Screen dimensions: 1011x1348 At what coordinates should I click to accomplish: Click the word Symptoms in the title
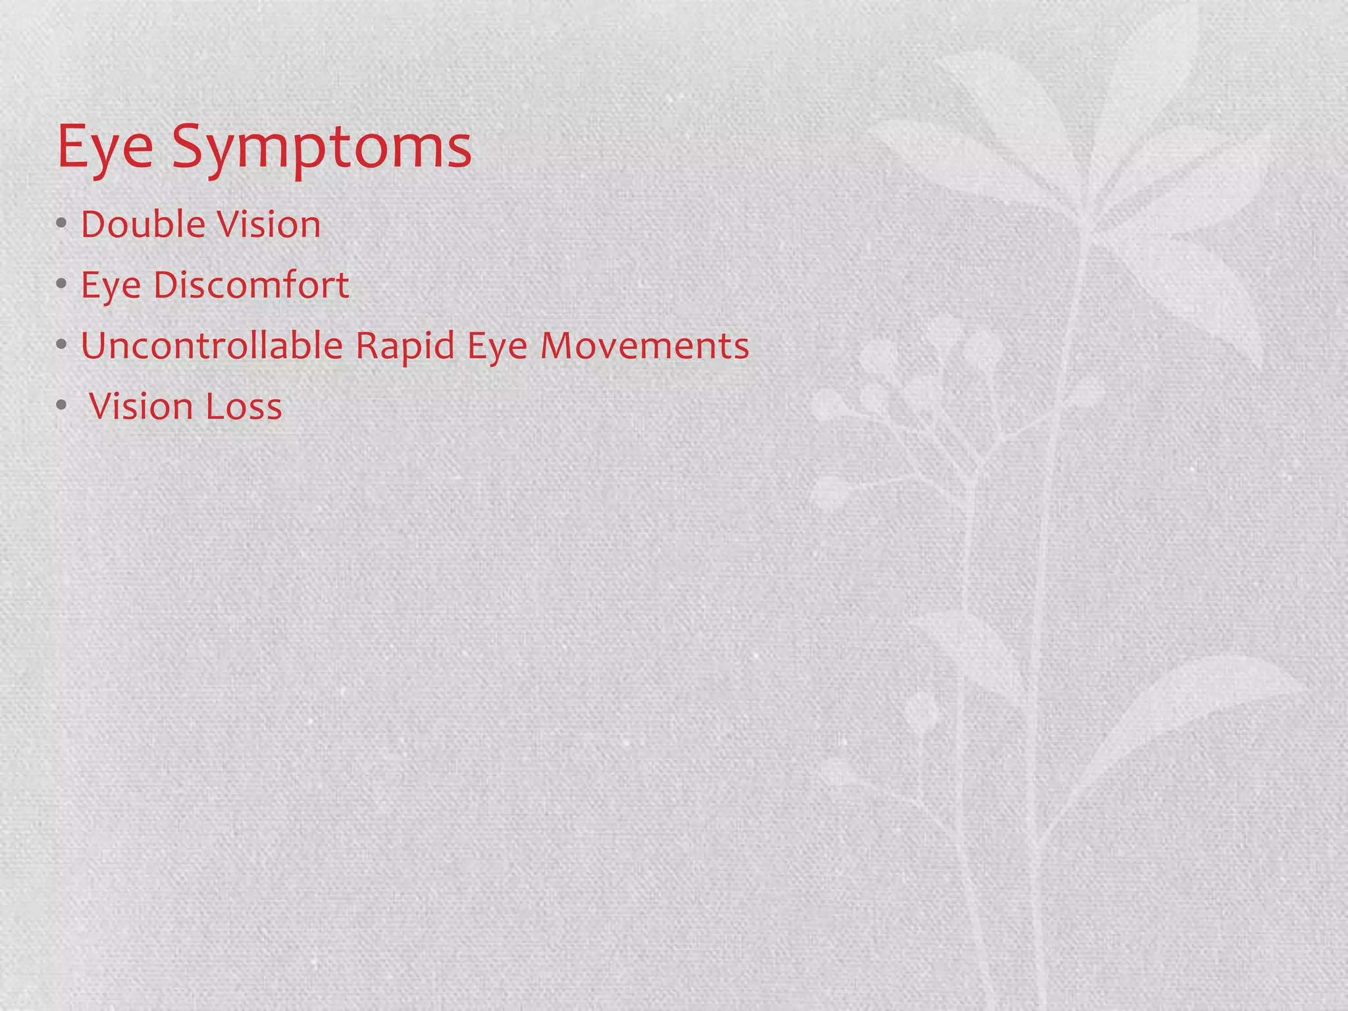322,147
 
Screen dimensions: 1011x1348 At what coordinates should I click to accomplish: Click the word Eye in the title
105,147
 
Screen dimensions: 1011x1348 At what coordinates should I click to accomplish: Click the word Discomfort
251,285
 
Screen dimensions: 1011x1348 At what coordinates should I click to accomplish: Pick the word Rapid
405,347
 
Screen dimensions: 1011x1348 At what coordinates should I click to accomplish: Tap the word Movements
644,346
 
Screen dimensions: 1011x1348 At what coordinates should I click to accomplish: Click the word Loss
244,407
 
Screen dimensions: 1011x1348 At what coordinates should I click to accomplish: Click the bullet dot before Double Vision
61,224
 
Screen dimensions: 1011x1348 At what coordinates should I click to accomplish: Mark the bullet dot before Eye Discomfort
61,284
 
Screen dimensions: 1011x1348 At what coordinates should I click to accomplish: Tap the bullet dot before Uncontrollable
61,345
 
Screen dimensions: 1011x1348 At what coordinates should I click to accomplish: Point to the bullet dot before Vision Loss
61,405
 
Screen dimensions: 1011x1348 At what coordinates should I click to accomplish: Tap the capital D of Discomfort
167,285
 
